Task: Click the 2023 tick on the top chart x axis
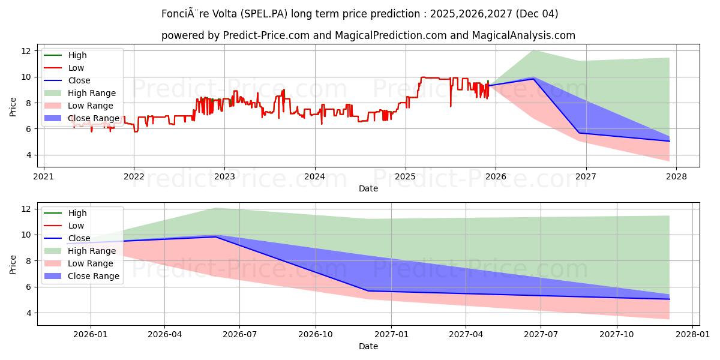224,177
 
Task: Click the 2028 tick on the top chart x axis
676,177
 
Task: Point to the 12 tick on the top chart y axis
26,51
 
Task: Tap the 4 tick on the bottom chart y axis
26,313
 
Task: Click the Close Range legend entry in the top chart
94,118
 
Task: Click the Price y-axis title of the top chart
13,107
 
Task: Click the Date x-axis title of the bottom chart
368,346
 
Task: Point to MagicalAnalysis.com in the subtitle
523,35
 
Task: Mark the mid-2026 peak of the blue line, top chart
533,79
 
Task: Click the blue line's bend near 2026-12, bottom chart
367,291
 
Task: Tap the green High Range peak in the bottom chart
216,208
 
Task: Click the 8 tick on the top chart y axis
26,103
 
